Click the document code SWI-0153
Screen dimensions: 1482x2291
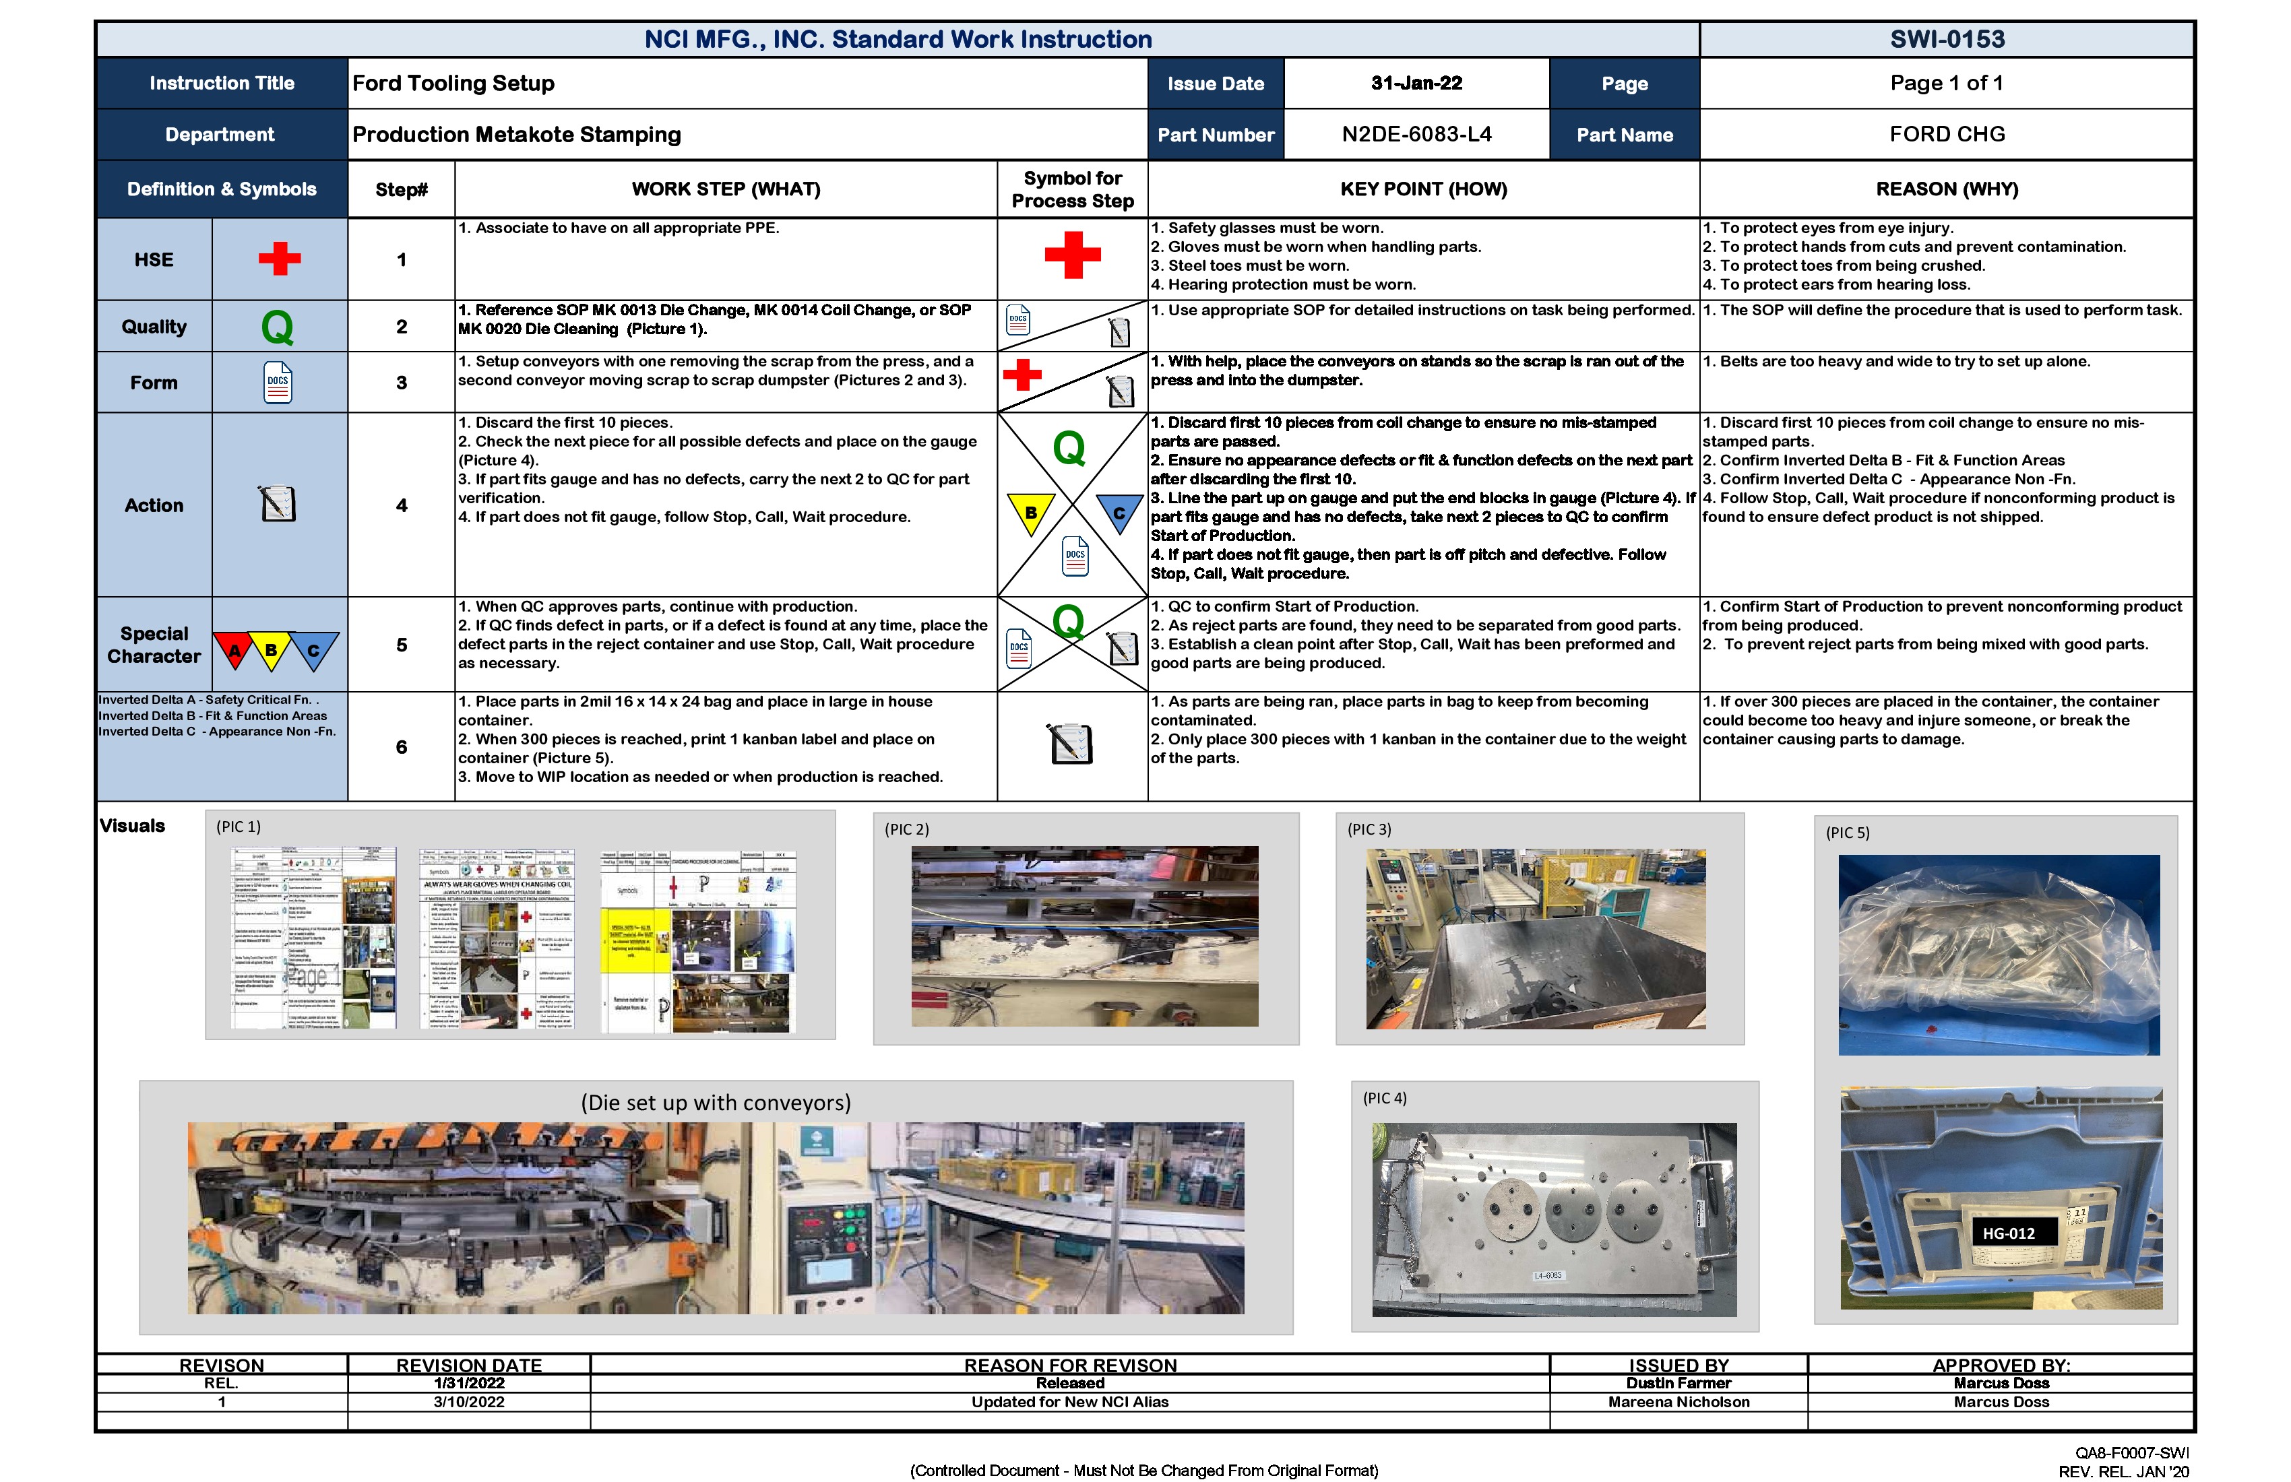(x=1947, y=40)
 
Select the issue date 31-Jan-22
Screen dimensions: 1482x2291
(x=1416, y=84)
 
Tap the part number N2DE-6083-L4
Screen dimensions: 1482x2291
(x=1416, y=135)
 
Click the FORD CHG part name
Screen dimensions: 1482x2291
(x=1947, y=135)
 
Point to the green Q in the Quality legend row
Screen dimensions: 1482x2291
(x=277, y=327)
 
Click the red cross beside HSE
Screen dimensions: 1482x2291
(x=279, y=259)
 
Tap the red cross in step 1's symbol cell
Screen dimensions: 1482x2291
(x=1072, y=255)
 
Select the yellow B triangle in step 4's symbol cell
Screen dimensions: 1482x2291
(x=1030, y=512)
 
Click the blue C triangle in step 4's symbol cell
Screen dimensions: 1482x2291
(x=1119, y=512)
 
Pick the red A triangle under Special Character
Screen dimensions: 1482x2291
(x=234, y=649)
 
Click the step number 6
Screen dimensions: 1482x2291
(x=402, y=747)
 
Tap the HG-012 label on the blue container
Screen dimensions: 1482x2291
(x=2008, y=1233)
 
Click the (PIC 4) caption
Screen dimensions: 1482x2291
(x=1384, y=1098)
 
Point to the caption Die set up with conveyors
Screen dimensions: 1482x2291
(x=715, y=1103)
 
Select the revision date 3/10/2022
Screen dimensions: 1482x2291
(x=469, y=1402)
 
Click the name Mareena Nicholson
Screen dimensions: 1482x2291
(x=1678, y=1402)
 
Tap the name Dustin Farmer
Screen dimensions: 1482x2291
(x=1678, y=1384)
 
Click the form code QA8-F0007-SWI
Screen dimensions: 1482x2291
(x=2131, y=1453)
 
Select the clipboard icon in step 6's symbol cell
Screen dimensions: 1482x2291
(x=1071, y=743)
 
